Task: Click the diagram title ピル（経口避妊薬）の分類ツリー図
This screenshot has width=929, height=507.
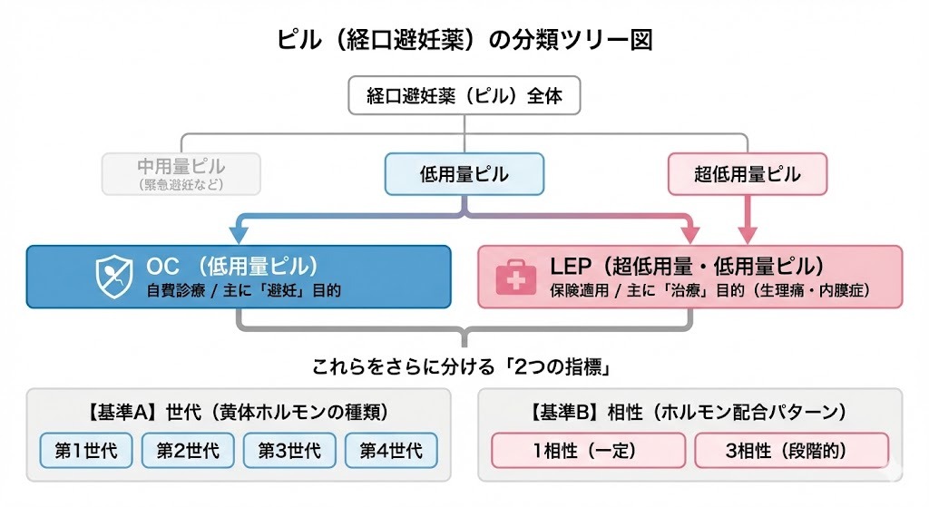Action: pos(464,41)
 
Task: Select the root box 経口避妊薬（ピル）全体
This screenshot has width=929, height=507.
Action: pos(464,96)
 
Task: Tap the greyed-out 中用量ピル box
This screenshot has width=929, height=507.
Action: pos(181,173)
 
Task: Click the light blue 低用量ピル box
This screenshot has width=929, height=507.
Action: pos(464,174)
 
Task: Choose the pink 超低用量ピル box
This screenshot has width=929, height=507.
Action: pos(748,174)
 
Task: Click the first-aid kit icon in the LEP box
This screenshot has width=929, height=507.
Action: pos(515,278)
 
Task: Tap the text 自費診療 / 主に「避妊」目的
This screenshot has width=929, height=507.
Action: pos(243,292)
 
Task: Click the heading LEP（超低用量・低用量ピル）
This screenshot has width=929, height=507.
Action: pos(687,267)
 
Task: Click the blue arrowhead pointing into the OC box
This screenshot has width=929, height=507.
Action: pos(239,235)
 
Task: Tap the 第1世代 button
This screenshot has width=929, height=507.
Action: pos(86,450)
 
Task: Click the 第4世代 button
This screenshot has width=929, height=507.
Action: pos(391,450)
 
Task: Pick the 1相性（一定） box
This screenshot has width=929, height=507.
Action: pos(590,450)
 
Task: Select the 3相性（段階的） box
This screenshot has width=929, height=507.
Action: pos(791,450)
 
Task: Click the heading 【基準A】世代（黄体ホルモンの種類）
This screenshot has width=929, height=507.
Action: pos(239,412)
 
